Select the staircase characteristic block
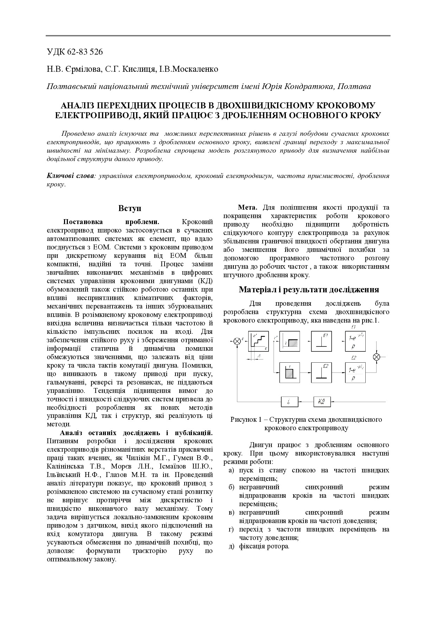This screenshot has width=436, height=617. (258, 341)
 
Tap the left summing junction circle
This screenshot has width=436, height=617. (237, 341)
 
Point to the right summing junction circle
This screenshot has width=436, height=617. (377, 357)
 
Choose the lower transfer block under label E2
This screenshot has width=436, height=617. (355, 373)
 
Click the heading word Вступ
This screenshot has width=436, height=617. (130, 208)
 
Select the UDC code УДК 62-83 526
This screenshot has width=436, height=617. (75, 52)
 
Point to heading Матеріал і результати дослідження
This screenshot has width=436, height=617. (309, 290)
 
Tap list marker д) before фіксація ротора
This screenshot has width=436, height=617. (231, 546)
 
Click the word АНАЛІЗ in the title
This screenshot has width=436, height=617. (78, 106)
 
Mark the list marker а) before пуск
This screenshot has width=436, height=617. (231, 470)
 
